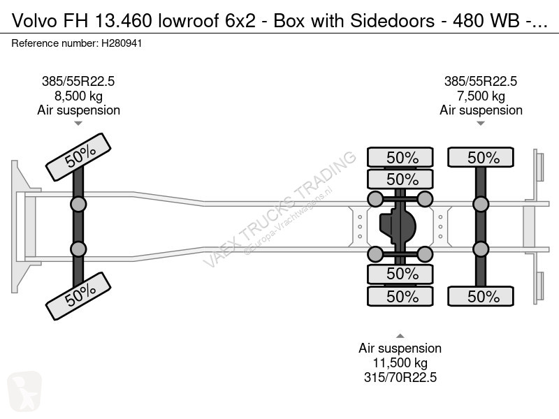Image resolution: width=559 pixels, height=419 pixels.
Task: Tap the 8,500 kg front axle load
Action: [x=78, y=96]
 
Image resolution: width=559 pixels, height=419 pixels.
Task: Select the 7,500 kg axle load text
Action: [x=481, y=96]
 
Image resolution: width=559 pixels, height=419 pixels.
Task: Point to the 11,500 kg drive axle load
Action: [x=400, y=363]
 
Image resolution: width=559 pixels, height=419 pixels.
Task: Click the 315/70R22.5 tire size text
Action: [x=400, y=378]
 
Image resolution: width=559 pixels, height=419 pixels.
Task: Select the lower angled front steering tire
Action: [x=78, y=294]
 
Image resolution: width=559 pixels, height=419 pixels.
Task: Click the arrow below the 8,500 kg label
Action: [x=78, y=124]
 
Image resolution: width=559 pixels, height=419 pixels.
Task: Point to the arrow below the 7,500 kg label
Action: [x=481, y=124]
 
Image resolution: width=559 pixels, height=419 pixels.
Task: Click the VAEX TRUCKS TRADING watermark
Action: [x=279, y=209]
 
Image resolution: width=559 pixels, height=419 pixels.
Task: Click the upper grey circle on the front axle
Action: [x=78, y=204]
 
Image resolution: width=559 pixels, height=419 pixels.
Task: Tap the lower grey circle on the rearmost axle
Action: [x=481, y=249]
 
